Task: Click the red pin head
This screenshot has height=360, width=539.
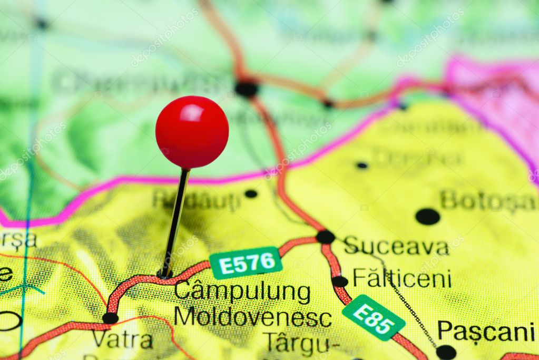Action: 192,132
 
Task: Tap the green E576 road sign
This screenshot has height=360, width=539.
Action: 246,262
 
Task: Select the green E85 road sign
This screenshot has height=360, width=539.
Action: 373,317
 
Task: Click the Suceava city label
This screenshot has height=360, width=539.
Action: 396,246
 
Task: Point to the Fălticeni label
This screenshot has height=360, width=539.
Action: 402,278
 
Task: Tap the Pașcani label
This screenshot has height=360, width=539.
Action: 486,332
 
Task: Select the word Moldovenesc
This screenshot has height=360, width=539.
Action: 253,318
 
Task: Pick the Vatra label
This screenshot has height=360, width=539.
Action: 122,340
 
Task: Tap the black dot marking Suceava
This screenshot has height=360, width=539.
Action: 326,237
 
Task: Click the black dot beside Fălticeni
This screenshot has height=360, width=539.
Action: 340,281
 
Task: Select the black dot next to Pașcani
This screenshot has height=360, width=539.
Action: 446,352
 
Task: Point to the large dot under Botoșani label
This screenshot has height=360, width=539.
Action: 427,216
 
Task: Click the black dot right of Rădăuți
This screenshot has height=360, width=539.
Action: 251,193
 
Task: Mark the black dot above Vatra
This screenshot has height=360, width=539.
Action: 110,318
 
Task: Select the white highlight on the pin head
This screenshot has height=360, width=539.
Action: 192,112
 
